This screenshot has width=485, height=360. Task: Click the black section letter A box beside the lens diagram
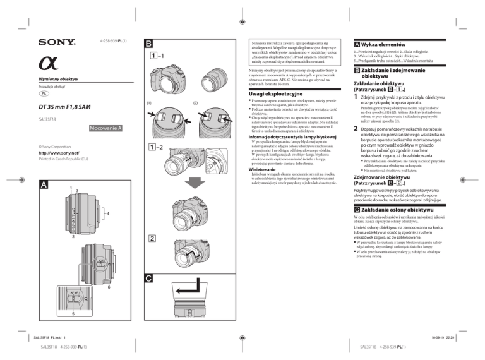coord(42,184)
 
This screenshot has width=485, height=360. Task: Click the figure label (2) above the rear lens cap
coord(195,103)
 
